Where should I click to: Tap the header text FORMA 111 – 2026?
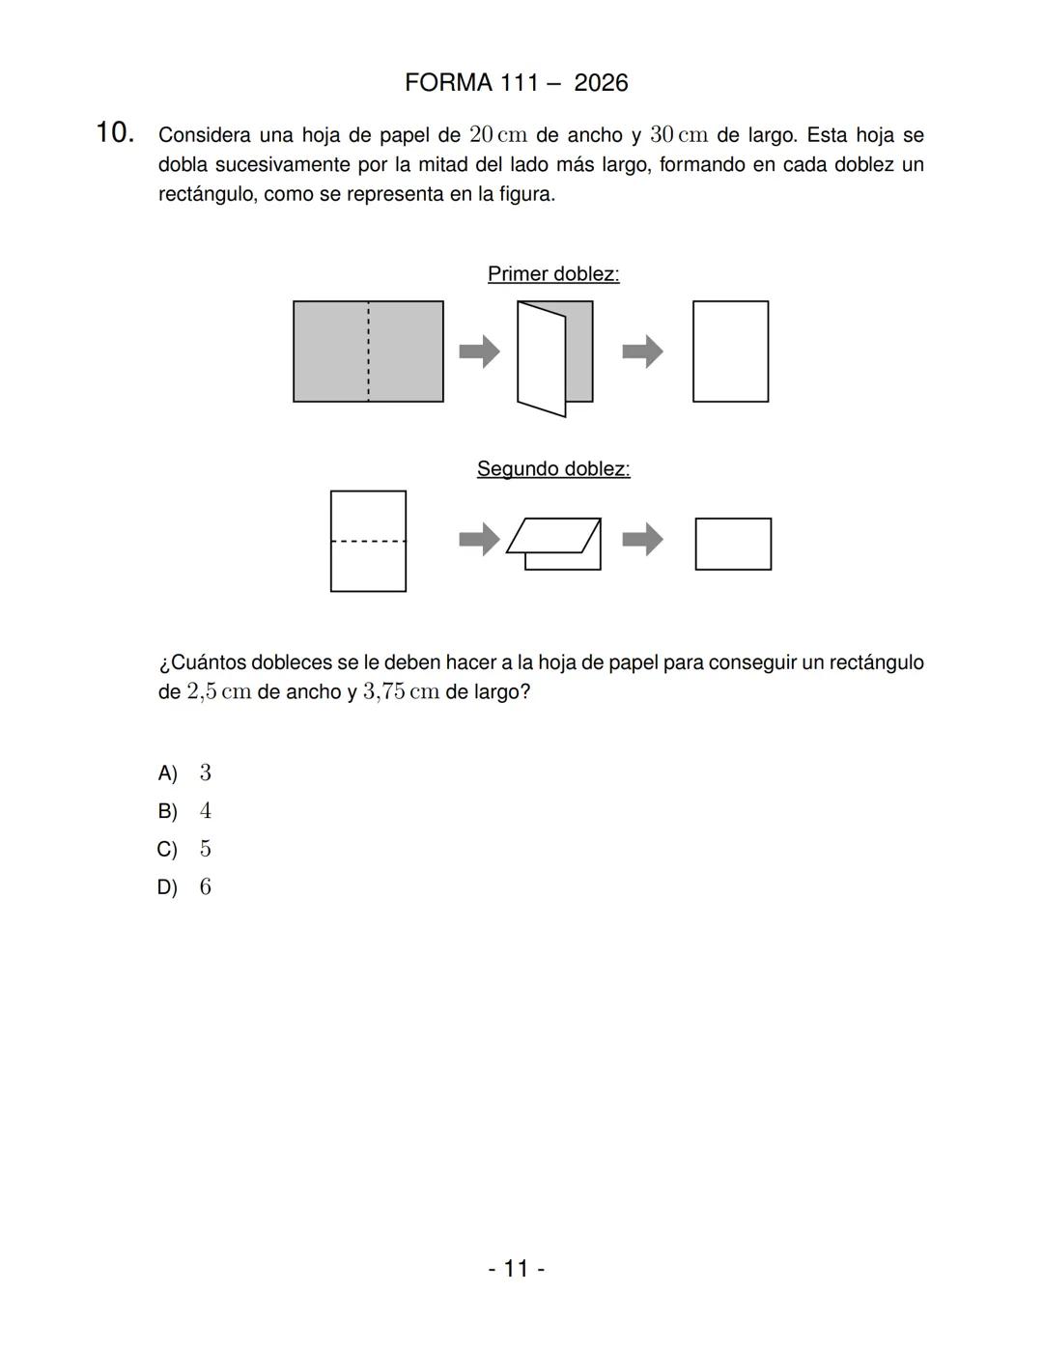[x=516, y=83]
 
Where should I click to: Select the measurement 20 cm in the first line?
[x=497, y=135]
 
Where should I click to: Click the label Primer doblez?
[x=553, y=274]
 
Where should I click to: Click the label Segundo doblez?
[x=553, y=469]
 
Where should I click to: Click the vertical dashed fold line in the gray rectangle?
[x=368, y=351]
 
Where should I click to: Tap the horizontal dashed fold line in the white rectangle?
[x=368, y=541]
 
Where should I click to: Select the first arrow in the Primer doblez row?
[x=479, y=351]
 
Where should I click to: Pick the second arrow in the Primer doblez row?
[x=642, y=351]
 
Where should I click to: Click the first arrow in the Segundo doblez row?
[x=479, y=539]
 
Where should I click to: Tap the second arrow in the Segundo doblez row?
[x=642, y=539]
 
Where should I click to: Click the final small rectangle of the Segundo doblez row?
[x=733, y=544]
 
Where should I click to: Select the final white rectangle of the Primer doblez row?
[x=730, y=351]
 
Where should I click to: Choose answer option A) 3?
[x=184, y=773]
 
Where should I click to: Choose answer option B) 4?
[x=184, y=811]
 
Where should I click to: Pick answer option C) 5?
[x=184, y=850]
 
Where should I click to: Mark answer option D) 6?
[x=184, y=887]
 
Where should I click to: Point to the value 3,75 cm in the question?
[x=401, y=693]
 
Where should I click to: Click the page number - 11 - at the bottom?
[x=516, y=1269]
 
